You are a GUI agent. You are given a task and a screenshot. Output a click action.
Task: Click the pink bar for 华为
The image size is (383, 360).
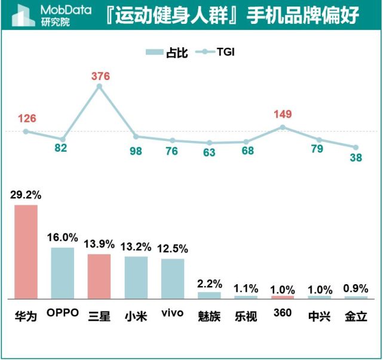pyautogui.click(x=26, y=251)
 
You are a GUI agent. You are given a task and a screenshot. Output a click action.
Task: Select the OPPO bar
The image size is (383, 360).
pyautogui.click(x=63, y=272)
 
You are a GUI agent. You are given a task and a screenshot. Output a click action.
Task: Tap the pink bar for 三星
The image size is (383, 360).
pyautogui.click(x=99, y=276)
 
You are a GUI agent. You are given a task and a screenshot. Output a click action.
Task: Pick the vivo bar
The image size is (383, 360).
pyautogui.click(x=173, y=278)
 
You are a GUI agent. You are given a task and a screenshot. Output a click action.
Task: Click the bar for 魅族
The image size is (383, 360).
pyautogui.click(x=209, y=295)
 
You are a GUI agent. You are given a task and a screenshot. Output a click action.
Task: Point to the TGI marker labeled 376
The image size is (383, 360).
pyautogui.click(x=99, y=87)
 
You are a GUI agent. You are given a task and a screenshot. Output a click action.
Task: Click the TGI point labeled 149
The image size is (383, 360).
pyautogui.click(x=283, y=127)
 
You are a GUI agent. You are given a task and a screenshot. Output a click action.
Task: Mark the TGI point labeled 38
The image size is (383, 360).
pyautogui.click(x=356, y=147)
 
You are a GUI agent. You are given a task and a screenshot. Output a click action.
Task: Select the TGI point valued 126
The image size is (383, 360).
pyautogui.click(x=26, y=131)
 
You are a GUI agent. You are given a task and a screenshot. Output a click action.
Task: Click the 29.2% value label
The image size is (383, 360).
pyautogui.click(x=26, y=194)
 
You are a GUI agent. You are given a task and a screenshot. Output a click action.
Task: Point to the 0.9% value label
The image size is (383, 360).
pyautogui.click(x=356, y=288)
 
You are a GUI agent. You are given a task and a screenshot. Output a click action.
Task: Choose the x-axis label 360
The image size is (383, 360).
pyautogui.click(x=282, y=313)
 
